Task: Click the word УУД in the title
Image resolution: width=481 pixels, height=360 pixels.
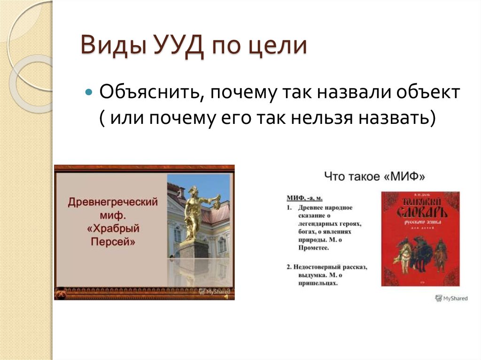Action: pyautogui.click(x=174, y=47)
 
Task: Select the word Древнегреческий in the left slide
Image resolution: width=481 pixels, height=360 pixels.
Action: pyautogui.click(x=113, y=202)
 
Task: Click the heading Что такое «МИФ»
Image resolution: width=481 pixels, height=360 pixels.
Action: pyautogui.click(x=374, y=177)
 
